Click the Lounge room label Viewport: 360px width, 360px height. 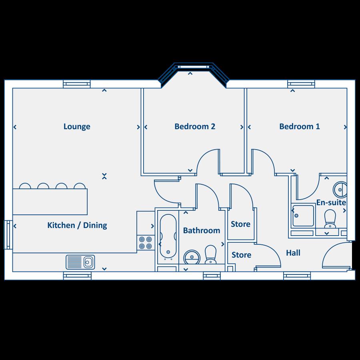click(77, 127)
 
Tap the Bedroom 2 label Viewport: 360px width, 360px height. click(195, 127)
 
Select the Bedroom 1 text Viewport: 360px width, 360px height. click(300, 127)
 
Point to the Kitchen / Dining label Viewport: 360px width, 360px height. click(77, 226)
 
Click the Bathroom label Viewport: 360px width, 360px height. click(202, 230)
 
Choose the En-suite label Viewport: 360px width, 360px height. click(331, 202)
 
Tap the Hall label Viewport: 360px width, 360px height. click(293, 253)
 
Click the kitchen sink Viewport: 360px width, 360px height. click(80, 262)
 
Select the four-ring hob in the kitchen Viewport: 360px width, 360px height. click(145, 243)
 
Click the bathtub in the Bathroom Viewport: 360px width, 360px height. click(168, 236)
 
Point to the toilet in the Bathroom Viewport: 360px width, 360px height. click(210, 254)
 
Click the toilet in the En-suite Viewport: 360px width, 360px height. click(330, 218)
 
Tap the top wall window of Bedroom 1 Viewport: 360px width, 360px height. click(301, 84)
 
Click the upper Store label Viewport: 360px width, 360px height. click(241, 224)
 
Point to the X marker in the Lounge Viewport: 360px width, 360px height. click(104, 176)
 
